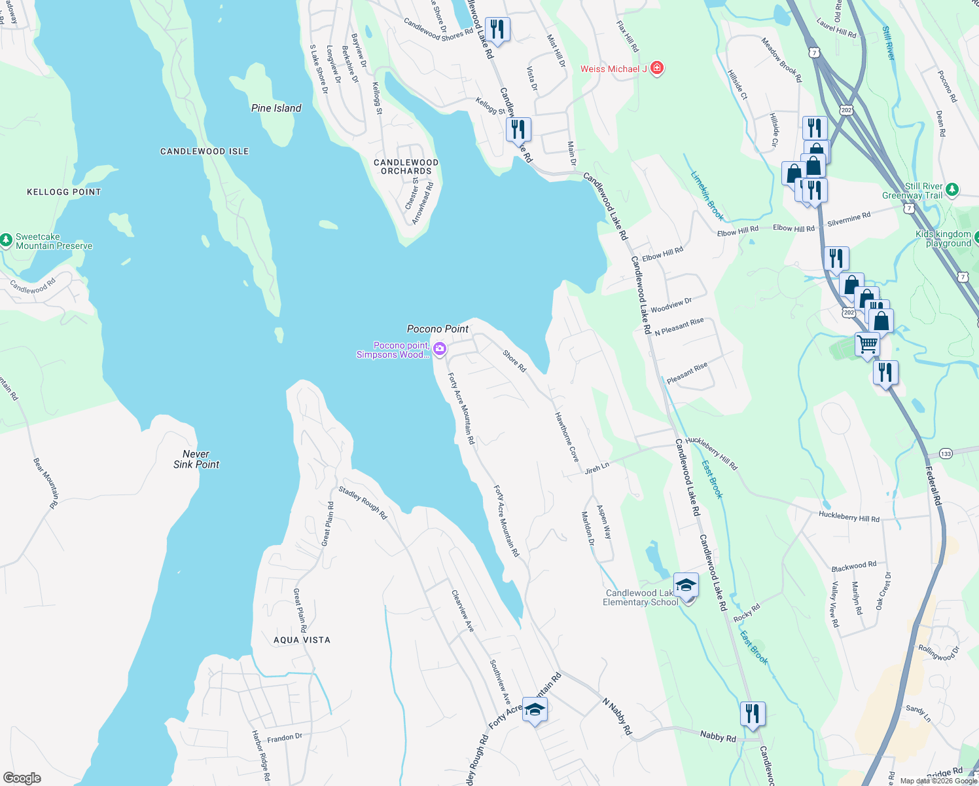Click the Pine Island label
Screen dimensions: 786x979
[x=276, y=108]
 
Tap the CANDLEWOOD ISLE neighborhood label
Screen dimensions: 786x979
[x=204, y=151]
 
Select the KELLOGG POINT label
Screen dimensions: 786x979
[x=64, y=192]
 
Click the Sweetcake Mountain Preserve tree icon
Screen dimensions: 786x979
[x=6, y=240]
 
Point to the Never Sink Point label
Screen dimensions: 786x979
[x=196, y=459]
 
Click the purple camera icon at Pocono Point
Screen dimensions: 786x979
[x=440, y=349]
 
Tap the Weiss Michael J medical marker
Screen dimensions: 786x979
[x=658, y=68]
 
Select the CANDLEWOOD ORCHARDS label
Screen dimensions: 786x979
[x=406, y=166]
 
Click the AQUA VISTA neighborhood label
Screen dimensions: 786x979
[x=302, y=640]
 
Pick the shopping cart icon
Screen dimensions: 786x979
[x=867, y=343]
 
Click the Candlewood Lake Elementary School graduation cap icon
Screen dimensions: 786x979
[x=686, y=585]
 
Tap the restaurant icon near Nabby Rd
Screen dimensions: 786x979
[x=753, y=713]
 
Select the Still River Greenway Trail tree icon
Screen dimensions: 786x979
[x=952, y=190]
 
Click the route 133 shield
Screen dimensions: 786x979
[x=946, y=453]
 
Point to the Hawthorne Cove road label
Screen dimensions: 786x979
[x=567, y=437]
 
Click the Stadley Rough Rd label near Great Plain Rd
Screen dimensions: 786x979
[x=363, y=503]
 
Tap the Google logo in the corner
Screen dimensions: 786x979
[x=22, y=777]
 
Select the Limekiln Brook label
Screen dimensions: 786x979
[x=707, y=196]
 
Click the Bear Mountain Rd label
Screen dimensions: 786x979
[x=46, y=483]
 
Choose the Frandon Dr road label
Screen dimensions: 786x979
[x=285, y=738]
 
